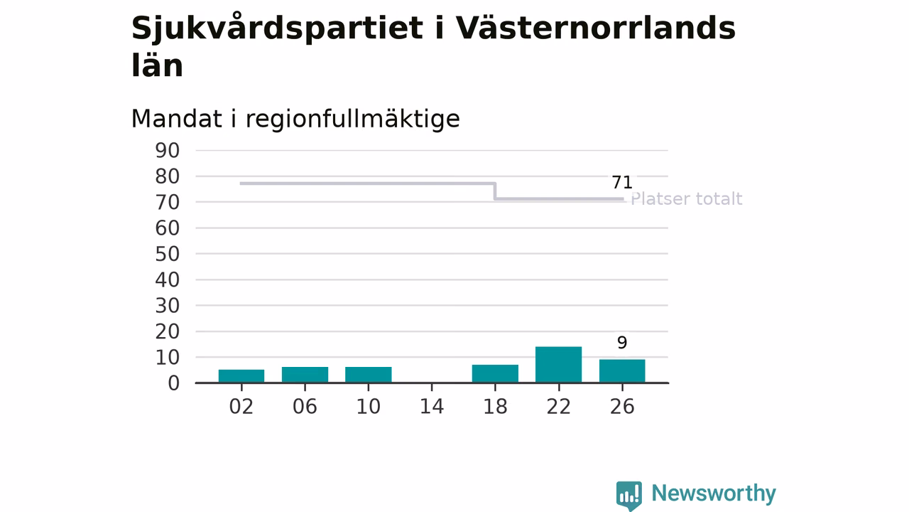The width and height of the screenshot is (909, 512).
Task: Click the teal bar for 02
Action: pos(241,376)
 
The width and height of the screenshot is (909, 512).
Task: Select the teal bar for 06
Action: pos(305,375)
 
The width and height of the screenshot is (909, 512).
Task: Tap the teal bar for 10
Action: pos(369,375)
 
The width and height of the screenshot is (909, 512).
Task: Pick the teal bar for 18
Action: pos(495,373)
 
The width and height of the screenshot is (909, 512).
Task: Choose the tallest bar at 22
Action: pos(559,365)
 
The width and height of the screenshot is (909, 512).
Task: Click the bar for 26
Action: pos(622,371)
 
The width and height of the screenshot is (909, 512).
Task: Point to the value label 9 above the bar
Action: pos(622,343)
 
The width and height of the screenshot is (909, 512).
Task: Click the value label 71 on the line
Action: pos(622,183)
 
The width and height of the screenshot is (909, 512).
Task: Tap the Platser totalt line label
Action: pos(687,199)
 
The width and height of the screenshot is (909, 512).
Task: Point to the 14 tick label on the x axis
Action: pos(432,406)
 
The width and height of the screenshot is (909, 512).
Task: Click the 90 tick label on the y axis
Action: pos(167,151)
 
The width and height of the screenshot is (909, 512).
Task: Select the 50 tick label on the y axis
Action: pos(167,255)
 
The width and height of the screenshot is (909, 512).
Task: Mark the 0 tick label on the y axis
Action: pos(174,383)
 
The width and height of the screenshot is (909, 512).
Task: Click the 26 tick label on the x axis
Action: pos(622,406)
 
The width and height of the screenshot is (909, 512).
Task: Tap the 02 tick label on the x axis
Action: pos(241,406)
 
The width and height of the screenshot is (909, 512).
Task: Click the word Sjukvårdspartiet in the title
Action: pos(277,28)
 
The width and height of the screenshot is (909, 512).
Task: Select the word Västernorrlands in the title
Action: pos(596,28)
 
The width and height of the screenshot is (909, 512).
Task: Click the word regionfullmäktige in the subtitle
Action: pos(353,119)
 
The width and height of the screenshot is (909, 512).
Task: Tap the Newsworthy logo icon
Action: pos(629,496)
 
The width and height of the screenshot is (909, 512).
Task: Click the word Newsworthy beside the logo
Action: pos(714,494)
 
